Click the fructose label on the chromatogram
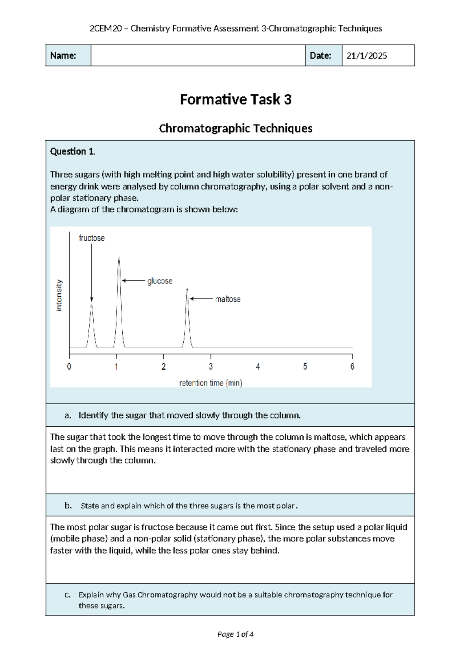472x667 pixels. (92, 238)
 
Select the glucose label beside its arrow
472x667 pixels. (160, 281)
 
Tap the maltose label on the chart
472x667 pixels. (228, 299)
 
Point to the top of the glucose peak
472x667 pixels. (119, 258)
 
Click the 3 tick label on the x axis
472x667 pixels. (211, 367)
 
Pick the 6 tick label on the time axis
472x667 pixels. (352, 367)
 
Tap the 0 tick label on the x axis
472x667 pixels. (69, 367)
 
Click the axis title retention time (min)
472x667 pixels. (211, 383)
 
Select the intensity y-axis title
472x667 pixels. (59, 295)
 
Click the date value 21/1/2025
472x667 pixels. (367, 56)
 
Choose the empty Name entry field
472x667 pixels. (198, 55)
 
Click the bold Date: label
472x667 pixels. (321, 56)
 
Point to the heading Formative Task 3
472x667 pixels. (236, 99)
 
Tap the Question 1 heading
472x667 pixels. (72, 151)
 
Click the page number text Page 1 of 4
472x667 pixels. (235, 634)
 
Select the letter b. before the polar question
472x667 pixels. (68, 505)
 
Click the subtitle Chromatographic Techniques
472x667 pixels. (236, 128)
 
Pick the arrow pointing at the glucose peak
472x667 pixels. (133, 280)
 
